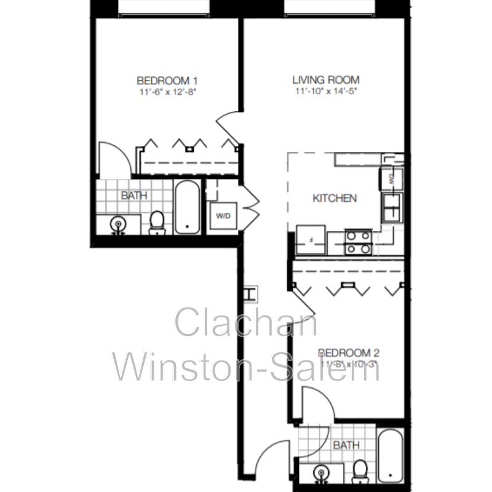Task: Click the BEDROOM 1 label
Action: click(x=167, y=81)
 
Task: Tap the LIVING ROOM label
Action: click(x=325, y=80)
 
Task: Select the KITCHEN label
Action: click(x=335, y=198)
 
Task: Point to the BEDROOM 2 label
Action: click(x=349, y=353)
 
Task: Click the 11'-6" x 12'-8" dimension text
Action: click(x=167, y=92)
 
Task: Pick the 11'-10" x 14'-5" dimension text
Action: click(x=325, y=92)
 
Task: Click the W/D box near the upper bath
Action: click(x=221, y=216)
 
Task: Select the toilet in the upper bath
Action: click(x=157, y=223)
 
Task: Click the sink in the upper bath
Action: click(x=117, y=225)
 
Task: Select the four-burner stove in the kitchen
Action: click(x=358, y=241)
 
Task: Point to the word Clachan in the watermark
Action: click(x=246, y=323)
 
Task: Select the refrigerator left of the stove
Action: click(x=311, y=239)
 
